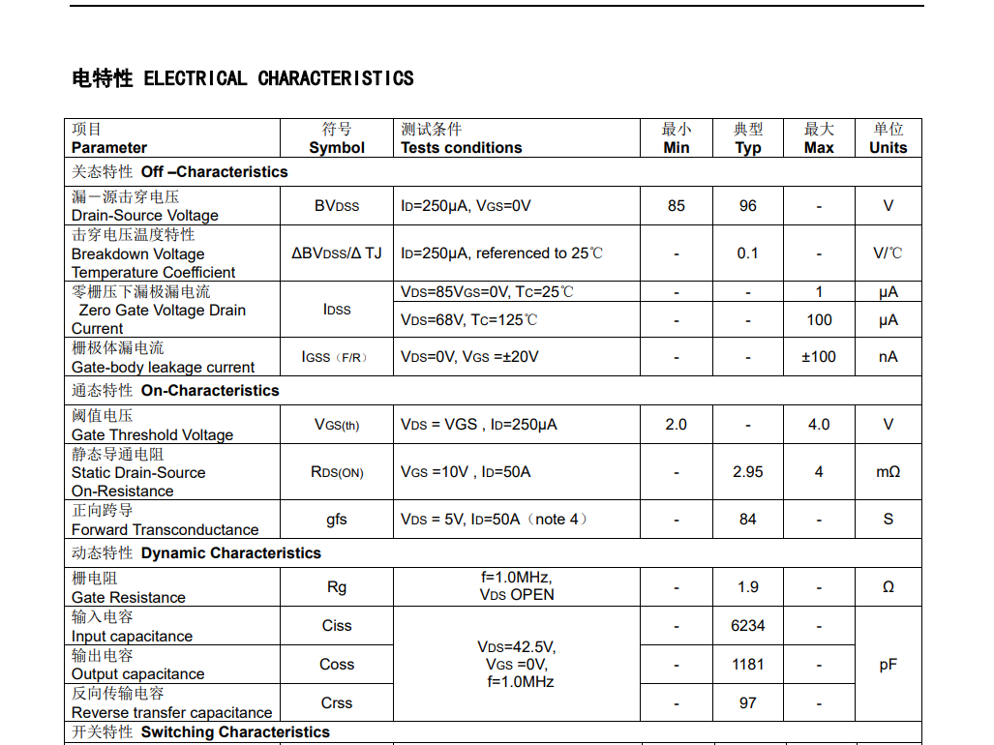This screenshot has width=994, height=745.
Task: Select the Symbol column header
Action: click(337, 147)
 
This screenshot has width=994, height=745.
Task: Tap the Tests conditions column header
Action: click(462, 147)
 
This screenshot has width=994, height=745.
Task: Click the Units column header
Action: click(888, 147)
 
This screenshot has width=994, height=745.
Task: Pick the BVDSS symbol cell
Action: click(337, 206)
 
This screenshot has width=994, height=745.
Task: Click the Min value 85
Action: click(677, 206)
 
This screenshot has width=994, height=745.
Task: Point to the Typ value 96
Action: click(748, 206)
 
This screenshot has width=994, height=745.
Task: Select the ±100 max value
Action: click(819, 357)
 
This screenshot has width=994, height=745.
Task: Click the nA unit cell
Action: click(888, 357)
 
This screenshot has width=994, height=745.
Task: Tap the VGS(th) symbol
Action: click(337, 425)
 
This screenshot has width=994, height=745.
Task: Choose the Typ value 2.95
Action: click(748, 472)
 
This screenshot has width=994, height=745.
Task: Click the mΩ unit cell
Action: click(888, 472)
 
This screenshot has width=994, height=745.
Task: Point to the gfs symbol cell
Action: click(337, 520)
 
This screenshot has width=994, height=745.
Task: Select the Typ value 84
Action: click(748, 520)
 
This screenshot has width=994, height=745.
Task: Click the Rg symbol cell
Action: click(337, 587)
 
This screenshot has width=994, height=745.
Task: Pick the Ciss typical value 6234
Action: click(748, 626)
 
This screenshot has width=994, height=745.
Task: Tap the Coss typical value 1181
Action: click(748, 665)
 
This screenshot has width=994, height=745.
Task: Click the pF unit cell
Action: click(888, 665)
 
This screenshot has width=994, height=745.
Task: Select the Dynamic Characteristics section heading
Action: click(230, 553)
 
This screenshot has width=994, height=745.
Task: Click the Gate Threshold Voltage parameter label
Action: click(152, 434)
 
